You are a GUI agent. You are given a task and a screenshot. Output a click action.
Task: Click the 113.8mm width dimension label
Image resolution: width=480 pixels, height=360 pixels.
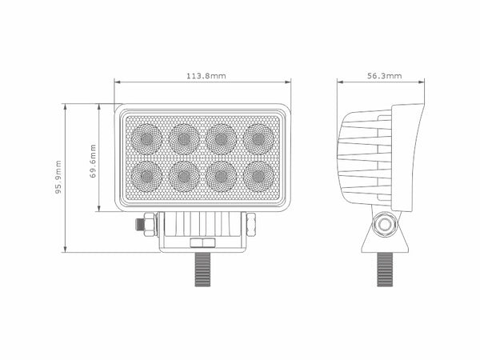click(x=206, y=76)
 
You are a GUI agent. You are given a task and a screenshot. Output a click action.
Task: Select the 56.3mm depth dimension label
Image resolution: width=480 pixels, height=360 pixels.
click(x=383, y=76)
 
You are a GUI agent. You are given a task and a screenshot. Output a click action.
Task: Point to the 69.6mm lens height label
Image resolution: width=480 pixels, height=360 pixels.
click(x=94, y=161)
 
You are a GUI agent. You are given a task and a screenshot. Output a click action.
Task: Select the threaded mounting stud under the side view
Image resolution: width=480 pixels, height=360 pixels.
click(x=386, y=268)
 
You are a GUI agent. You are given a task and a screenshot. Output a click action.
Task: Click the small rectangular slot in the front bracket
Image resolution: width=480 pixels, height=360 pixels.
click(x=200, y=241)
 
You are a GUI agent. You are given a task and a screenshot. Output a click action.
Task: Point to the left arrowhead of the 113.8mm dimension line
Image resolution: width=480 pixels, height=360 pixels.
click(x=118, y=82)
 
